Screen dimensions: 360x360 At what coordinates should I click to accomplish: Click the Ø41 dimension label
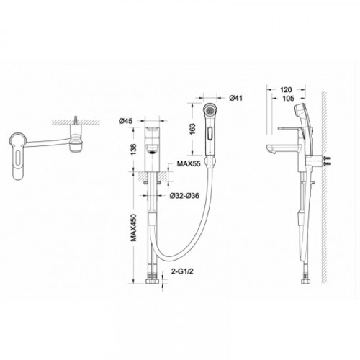click(235, 98)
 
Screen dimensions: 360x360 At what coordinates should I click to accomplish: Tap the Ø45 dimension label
click(125, 121)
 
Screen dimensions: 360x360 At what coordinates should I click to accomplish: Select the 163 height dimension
click(192, 129)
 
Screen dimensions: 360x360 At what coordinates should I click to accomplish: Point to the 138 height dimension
click(134, 149)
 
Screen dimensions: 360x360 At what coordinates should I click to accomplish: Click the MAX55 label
click(189, 163)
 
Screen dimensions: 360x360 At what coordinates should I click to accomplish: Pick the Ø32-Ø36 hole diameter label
click(184, 196)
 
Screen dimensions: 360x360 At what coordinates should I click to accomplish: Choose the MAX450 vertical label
click(133, 228)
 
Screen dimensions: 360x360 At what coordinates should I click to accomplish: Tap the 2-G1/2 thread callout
click(182, 271)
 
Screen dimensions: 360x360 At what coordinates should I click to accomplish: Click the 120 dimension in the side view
click(286, 90)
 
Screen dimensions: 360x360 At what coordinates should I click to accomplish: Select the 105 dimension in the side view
click(288, 98)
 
